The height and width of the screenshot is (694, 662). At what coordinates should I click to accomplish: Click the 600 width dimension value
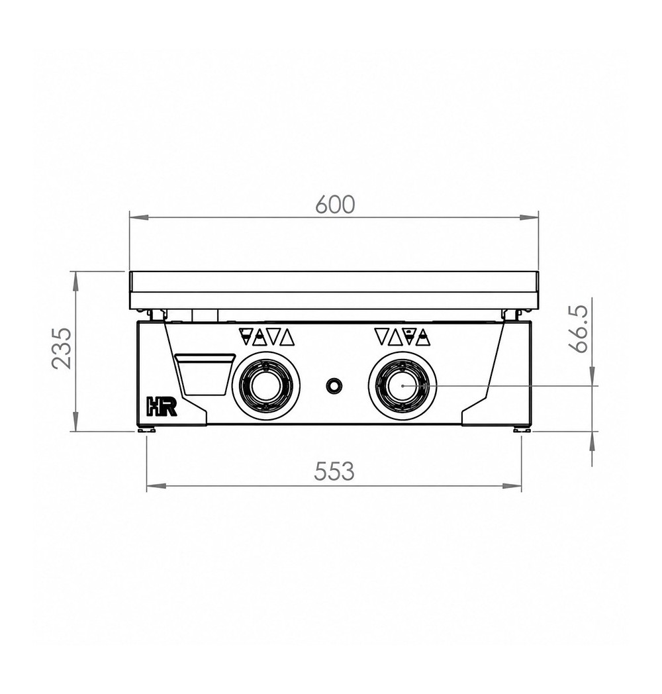tap(335, 205)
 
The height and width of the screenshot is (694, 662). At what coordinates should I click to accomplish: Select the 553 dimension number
tap(334, 471)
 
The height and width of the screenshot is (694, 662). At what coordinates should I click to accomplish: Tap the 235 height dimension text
tap(62, 348)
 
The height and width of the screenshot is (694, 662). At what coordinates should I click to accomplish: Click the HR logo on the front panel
tap(162, 407)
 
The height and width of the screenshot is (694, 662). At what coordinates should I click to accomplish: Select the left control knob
tap(265, 386)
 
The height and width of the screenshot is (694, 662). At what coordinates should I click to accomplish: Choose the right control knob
tap(402, 385)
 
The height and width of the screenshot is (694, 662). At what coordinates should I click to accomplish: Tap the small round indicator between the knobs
tap(334, 385)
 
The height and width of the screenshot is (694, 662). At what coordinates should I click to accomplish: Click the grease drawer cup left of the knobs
tap(204, 374)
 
